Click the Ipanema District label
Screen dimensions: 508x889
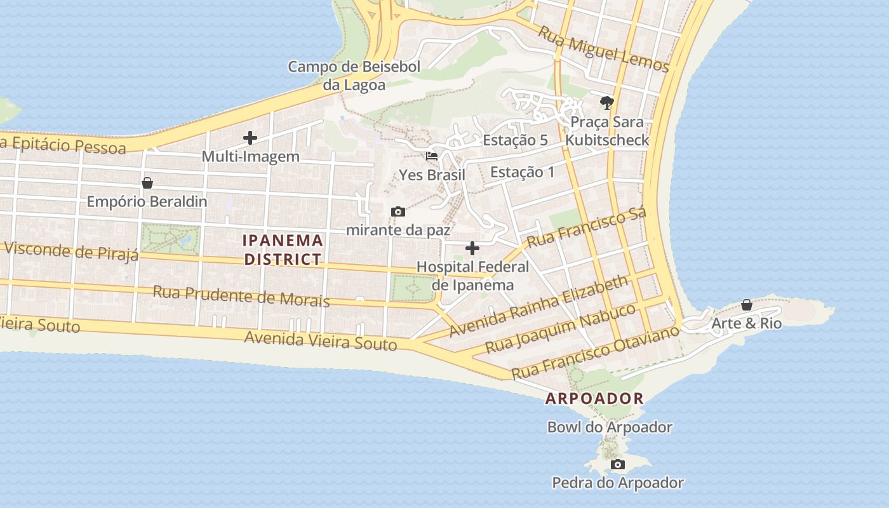click(x=283, y=250)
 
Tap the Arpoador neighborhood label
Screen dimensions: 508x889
click(x=594, y=399)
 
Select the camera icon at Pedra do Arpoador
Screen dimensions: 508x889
click(x=617, y=465)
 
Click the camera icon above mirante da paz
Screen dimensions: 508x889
click(x=398, y=211)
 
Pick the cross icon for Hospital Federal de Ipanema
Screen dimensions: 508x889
click(x=472, y=248)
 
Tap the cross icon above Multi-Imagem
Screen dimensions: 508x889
click(x=250, y=137)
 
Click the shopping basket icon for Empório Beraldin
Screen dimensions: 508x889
click(x=147, y=183)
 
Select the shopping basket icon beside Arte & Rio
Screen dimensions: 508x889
click(x=747, y=305)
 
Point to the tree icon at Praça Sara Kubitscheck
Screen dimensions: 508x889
click(x=607, y=102)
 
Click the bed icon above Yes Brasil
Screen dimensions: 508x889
click(x=432, y=156)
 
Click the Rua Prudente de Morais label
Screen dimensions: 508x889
click(x=241, y=296)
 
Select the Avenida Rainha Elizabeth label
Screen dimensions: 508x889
click(x=538, y=306)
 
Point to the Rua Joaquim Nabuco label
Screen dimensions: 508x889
click(x=560, y=329)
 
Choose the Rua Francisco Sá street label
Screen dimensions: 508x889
click(x=586, y=227)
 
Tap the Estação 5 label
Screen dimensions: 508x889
click(x=515, y=140)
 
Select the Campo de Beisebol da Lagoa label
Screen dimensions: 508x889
click(x=345, y=76)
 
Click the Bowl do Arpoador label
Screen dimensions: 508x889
click(x=610, y=427)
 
